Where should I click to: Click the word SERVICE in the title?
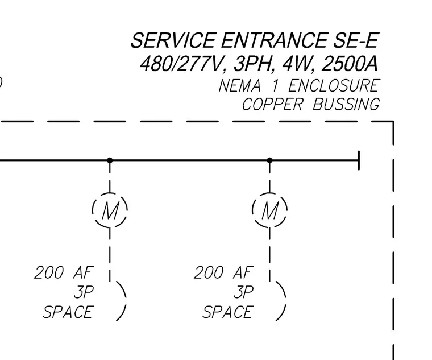[x=173, y=40]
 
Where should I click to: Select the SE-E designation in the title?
[x=356, y=40]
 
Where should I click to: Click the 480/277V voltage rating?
[x=182, y=64]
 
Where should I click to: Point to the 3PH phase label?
[x=254, y=64]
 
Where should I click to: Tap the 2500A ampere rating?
[x=350, y=64]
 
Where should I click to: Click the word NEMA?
[x=239, y=85]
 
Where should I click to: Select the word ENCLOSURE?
[x=334, y=85]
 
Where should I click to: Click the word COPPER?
[x=272, y=105]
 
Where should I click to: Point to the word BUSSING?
[x=346, y=105]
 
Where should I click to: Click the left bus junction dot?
[x=110, y=160]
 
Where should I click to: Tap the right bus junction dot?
[x=270, y=160]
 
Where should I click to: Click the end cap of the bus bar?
[x=359, y=160]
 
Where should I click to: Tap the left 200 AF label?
[x=64, y=272]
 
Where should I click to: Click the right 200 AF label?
[x=224, y=272]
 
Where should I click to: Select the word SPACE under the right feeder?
[x=228, y=312]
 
